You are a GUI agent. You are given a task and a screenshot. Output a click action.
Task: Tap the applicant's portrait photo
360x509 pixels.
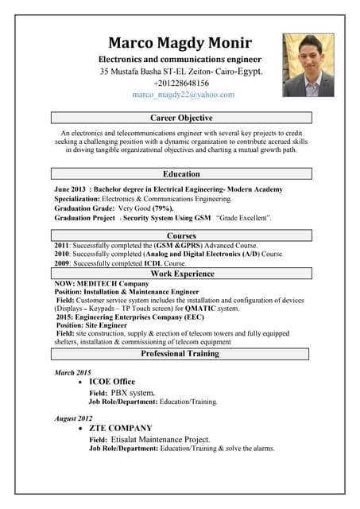point(308,64)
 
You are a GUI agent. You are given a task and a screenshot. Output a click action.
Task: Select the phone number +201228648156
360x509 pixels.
point(181,83)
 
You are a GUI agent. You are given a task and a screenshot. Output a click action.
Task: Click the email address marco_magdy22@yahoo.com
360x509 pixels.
point(184,95)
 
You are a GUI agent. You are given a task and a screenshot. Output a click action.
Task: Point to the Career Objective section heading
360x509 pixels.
point(181,118)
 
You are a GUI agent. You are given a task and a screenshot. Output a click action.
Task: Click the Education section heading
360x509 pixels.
point(181,173)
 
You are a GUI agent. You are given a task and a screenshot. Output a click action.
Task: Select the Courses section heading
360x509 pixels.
point(181,235)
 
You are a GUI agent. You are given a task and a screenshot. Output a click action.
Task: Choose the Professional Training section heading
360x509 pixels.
point(181,353)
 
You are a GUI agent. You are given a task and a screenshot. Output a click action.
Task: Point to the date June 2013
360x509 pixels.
point(69,189)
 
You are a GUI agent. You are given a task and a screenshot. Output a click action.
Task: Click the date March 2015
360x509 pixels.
point(72,372)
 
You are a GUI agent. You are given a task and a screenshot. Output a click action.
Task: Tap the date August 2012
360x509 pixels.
point(73,418)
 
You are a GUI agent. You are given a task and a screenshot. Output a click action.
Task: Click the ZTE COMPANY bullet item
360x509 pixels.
point(120,428)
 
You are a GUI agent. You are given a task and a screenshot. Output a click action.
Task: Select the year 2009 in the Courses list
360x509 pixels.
point(62,263)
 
